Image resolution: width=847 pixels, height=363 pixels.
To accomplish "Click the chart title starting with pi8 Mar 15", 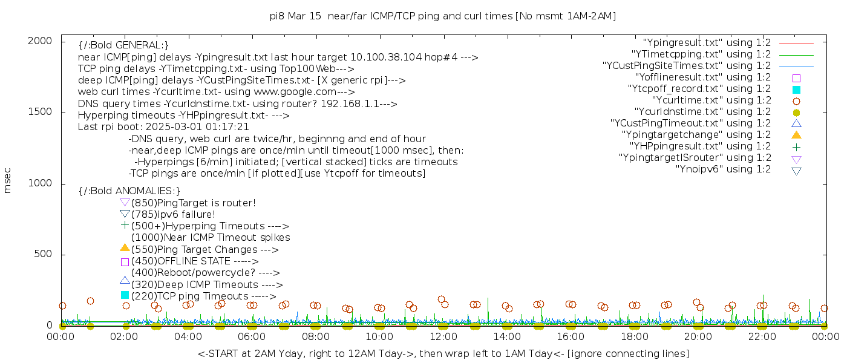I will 443,16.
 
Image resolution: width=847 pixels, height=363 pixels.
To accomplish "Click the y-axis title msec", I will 8,180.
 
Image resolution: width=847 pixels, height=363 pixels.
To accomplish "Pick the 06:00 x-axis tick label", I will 252,336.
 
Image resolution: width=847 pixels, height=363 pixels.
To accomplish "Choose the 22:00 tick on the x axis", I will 762,336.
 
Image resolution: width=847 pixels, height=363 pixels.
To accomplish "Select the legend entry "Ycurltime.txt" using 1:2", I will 711,100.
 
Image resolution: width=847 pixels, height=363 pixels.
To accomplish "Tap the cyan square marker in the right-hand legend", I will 796,89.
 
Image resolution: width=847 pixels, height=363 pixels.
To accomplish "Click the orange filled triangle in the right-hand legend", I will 796,135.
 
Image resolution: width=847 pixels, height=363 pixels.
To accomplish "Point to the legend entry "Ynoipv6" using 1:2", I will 723,169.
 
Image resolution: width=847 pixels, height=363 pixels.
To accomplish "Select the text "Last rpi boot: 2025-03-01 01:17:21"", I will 163,127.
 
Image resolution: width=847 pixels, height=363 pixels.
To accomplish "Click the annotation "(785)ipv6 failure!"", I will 173,214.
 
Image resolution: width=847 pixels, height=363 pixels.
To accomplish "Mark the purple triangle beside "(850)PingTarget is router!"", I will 125,202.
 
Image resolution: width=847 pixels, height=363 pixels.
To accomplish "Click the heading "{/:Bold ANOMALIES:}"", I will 129,191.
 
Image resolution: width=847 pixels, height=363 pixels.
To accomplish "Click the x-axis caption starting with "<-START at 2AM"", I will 443,353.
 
